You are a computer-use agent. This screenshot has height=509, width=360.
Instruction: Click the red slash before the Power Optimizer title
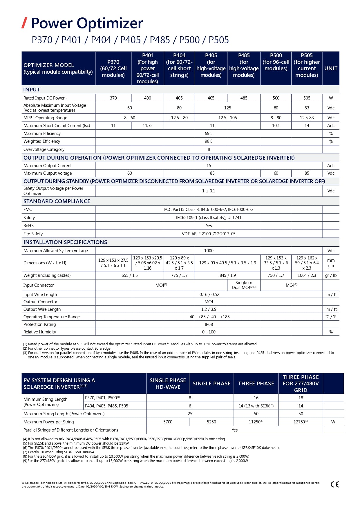click(24, 23)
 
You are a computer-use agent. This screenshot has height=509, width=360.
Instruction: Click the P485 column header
click(244, 65)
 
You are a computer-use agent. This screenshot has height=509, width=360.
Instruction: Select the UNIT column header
click(331, 68)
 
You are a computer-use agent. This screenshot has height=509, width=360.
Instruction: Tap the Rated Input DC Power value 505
click(307, 98)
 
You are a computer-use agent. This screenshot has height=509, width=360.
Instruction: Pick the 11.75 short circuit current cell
click(147, 126)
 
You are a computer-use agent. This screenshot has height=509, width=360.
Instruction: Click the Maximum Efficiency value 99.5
click(209, 133)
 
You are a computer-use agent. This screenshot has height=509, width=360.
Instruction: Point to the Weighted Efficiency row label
click(42, 141)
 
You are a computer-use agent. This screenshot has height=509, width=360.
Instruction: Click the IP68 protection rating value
click(209, 324)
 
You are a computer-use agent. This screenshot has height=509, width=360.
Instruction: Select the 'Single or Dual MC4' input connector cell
click(244, 285)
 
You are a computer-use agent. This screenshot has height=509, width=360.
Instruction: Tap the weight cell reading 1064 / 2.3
click(307, 275)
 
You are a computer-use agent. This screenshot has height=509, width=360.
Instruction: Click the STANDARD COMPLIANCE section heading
click(57, 201)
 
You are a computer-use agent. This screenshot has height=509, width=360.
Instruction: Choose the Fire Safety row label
click(33, 234)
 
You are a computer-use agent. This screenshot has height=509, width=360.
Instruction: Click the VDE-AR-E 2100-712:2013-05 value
click(209, 234)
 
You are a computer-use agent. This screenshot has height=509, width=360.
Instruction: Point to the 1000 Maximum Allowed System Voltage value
click(209, 251)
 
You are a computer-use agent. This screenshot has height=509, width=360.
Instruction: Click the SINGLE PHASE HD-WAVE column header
click(168, 384)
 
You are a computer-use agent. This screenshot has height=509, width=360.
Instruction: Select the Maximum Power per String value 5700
click(168, 422)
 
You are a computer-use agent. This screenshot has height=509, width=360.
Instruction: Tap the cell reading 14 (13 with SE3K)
click(256, 406)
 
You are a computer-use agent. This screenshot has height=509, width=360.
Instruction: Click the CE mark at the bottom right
click(335, 484)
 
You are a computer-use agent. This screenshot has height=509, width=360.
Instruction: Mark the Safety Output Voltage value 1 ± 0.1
click(209, 191)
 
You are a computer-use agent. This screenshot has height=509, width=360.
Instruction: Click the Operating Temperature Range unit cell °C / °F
click(331, 317)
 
